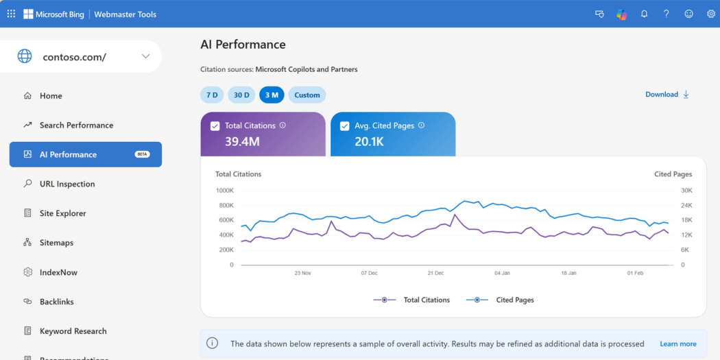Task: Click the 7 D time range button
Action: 212,95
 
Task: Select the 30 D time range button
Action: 241,95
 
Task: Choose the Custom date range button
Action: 307,95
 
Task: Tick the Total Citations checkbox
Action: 215,126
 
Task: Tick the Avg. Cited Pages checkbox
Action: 345,126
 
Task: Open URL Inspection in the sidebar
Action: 67,184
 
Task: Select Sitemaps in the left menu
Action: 56,243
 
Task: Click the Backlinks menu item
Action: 56,302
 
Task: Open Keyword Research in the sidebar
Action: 73,331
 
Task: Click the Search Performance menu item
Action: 76,125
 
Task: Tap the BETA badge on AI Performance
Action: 143,154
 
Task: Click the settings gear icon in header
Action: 711,14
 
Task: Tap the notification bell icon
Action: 644,14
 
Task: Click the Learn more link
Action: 677,344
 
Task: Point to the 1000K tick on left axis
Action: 224,191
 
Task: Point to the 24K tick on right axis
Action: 686,205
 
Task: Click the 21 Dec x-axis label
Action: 435,273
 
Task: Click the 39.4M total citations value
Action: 242,142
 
